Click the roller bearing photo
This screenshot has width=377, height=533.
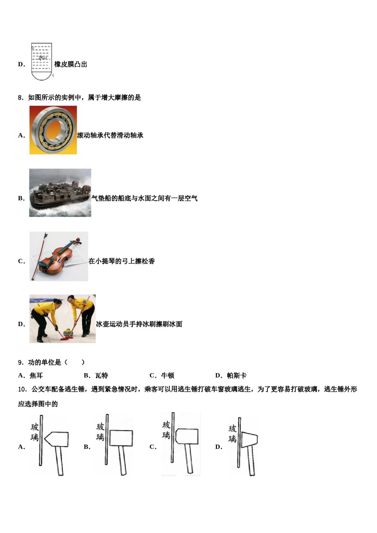[53, 130]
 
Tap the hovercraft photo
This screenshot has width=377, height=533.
[60, 193]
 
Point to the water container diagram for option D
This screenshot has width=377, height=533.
[41, 62]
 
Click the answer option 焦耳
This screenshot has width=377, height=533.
[36, 376]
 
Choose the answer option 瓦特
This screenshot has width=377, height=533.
[102, 376]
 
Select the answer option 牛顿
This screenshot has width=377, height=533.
[167, 376]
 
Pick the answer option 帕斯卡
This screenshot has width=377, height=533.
[237, 376]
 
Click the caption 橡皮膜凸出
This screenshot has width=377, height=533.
[71, 64]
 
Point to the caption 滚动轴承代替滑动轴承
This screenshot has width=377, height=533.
[110, 135]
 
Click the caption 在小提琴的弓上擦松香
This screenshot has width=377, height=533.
[121, 261]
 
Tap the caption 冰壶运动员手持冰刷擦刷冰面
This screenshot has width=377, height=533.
[139, 324]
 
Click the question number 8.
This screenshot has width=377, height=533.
[21, 98]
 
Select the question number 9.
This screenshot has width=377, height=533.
[21, 362]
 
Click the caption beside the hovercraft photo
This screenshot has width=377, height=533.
[144, 198]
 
